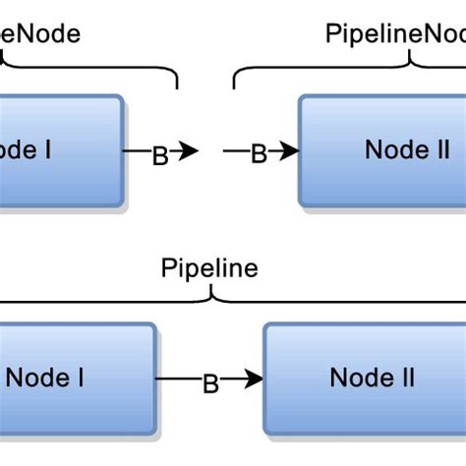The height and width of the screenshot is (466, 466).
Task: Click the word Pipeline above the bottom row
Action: click(209, 268)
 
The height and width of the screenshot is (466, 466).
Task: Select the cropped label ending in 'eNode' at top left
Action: click(40, 33)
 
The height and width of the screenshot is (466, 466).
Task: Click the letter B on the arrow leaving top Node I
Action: click(159, 155)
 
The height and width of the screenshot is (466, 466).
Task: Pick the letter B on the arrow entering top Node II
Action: click(259, 153)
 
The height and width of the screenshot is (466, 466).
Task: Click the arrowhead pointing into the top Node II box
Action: click(289, 151)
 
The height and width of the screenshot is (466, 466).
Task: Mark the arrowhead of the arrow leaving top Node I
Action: click(190, 151)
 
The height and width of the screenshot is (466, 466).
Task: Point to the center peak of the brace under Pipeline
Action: click(209, 289)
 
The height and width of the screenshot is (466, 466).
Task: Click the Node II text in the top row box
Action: click(407, 150)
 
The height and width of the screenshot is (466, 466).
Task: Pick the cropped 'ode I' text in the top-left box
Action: click(25, 150)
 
